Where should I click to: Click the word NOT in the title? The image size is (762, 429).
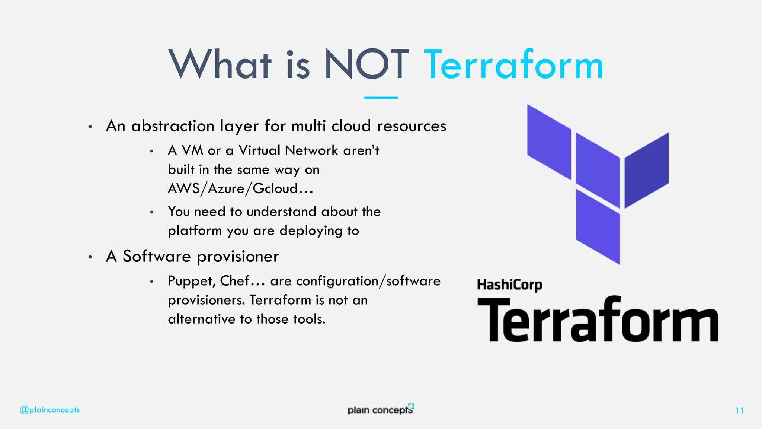pyautogui.click(x=366, y=65)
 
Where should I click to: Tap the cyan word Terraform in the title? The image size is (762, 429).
pyautogui.click(x=513, y=65)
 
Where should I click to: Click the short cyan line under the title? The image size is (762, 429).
pyautogui.click(x=381, y=98)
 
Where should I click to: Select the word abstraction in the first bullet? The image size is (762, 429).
pyautogui.click(x=173, y=126)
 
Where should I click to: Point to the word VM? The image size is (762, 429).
pyautogui.click(x=192, y=150)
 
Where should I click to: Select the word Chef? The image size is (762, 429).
pyautogui.click(x=234, y=281)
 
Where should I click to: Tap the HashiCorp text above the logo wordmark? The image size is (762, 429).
pyautogui.click(x=509, y=285)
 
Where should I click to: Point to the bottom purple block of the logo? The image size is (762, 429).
pyautogui.click(x=598, y=226)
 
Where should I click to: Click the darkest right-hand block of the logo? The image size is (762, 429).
pyautogui.click(x=646, y=169)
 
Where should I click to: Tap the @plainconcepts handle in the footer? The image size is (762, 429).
pyautogui.click(x=49, y=410)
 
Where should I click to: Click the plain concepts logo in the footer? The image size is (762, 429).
pyautogui.click(x=380, y=409)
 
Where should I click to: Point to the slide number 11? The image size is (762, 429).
pyautogui.click(x=739, y=410)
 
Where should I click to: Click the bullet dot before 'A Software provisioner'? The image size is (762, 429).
pyautogui.click(x=90, y=257)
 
